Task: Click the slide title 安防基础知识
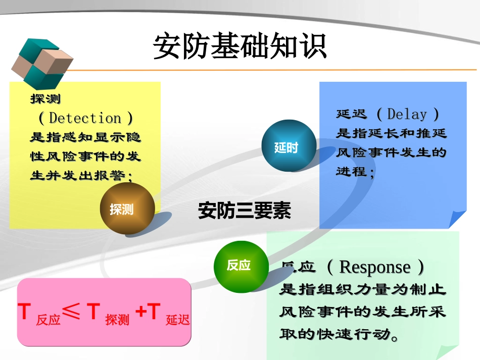(x=240, y=47)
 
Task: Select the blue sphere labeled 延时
(x=286, y=147)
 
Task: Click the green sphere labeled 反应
(x=238, y=266)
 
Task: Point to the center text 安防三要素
(x=245, y=211)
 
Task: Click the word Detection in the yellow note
(x=85, y=118)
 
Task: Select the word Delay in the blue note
(x=407, y=114)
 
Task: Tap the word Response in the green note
(x=374, y=267)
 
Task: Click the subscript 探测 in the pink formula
(x=117, y=320)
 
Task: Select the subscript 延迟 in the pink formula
(x=178, y=320)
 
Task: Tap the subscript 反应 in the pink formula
(x=49, y=320)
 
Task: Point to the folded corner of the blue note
(x=457, y=219)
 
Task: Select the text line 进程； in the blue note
(x=356, y=171)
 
